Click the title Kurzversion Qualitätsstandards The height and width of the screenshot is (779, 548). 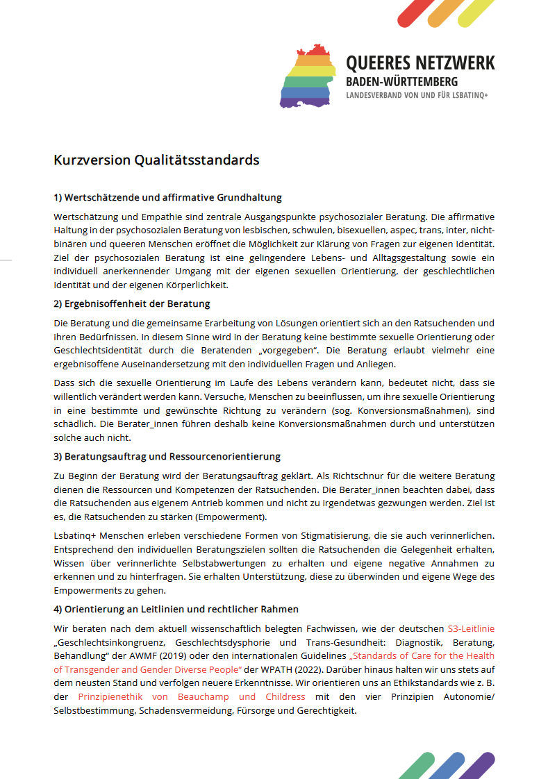click(x=156, y=160)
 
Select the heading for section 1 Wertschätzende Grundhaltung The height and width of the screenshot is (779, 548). click(x=167, y=198)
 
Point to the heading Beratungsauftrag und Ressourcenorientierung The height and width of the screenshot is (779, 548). click(x=167, y=456)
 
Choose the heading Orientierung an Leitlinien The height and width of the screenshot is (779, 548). click(x=176, y=609)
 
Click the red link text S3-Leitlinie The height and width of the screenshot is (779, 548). click(x=471, y=628)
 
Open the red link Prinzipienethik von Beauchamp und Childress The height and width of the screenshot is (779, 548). click(x=192, y=696)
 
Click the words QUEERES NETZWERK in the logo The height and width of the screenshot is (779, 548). click(x=420, y=63)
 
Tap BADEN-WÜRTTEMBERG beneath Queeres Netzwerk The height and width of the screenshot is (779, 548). click(x=402, y=82)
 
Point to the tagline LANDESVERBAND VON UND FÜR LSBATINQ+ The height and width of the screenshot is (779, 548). click(x=417, y=95)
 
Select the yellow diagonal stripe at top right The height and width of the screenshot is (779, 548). click(x=476, y=12)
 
